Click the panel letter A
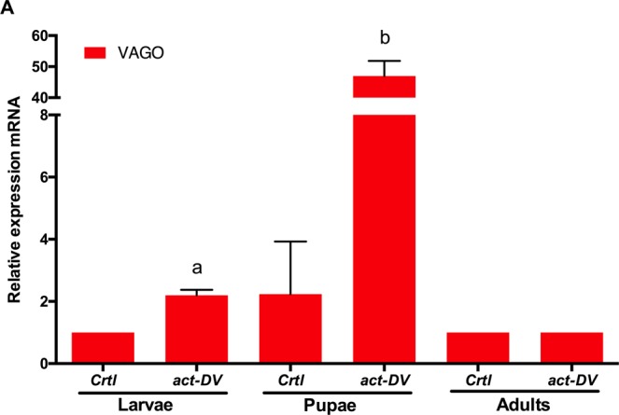pos(7,8)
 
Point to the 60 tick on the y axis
pos(38,36)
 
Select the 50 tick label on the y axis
pos(38,67)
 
